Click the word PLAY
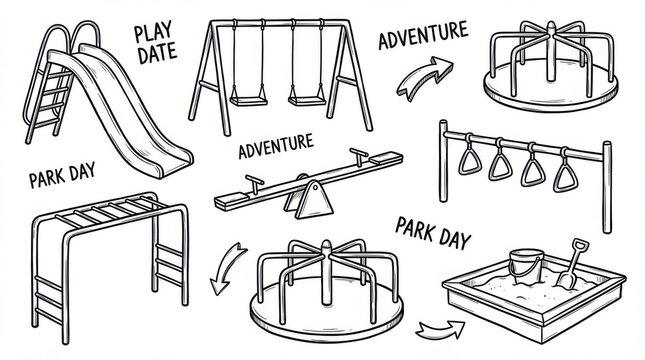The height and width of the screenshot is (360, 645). click(x=153, y=33)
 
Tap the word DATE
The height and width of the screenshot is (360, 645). click(x=158, y=53)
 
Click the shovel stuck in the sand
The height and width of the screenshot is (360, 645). click(x=573, y=263)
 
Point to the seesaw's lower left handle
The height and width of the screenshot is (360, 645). click(x=255, y=184)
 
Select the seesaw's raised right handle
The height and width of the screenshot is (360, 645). click(x=359, y=157)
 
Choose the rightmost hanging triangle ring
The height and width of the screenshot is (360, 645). click(x=565, y=171)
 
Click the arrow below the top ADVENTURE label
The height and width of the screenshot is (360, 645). click(x=424, y=77)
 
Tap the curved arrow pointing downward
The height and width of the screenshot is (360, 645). click(x=226, y=267)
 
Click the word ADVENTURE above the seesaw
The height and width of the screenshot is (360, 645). click(x=276, y=146)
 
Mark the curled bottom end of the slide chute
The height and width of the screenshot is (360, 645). click(x=173, y=164)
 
